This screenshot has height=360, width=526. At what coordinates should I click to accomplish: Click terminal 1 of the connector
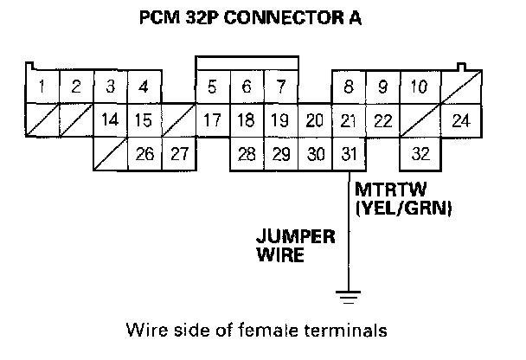(42, 87)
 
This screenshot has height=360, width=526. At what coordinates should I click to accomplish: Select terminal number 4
(144, 87)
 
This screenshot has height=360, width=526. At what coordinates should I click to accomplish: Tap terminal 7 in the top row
(280, 87)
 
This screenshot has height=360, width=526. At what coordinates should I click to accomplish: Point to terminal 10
(419, 87)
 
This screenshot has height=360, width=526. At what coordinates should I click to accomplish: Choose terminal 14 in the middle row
(110, 120)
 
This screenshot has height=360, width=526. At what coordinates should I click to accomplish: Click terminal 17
(212, 120)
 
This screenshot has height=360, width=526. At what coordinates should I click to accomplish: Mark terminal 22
(382, 120)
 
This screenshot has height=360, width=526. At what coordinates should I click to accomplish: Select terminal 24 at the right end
(460, 120)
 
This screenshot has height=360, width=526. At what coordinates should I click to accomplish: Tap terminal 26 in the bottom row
(144, 154)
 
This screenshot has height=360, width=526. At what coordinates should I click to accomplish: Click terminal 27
(178, 154)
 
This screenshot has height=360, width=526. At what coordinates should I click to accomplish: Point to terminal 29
(280, 154)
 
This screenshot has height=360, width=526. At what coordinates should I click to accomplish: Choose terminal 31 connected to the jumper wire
(349, 154)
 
